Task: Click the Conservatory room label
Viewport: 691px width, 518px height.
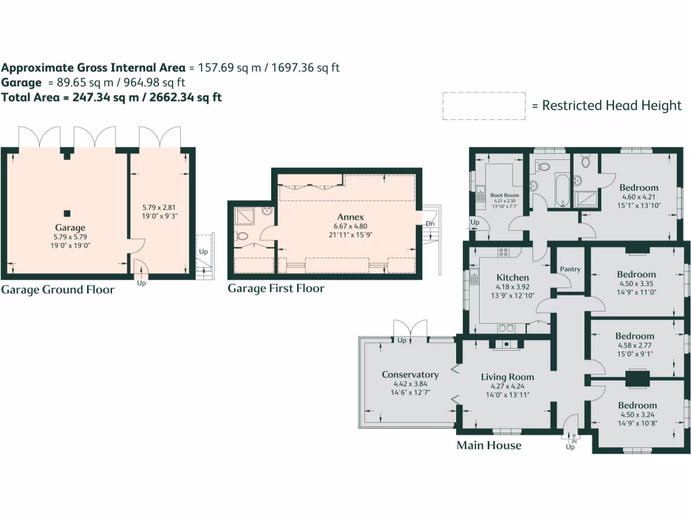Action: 410,374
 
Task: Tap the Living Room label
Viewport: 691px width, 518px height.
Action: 507,377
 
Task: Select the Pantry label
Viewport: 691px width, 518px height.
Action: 570,269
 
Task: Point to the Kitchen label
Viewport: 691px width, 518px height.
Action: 513,277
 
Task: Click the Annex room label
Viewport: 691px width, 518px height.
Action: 350,217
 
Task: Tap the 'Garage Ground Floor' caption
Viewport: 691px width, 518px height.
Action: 57,290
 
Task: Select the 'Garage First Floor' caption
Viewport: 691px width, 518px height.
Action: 276,289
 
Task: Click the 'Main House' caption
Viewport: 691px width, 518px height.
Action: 489,445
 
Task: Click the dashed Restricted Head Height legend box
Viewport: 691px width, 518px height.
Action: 483,106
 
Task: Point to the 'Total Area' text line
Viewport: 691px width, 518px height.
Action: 111,97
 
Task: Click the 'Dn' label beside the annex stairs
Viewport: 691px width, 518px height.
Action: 429,223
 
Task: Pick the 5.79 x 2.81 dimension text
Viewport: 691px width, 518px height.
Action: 159,208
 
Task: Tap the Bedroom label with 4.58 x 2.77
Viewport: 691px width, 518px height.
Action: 634,336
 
